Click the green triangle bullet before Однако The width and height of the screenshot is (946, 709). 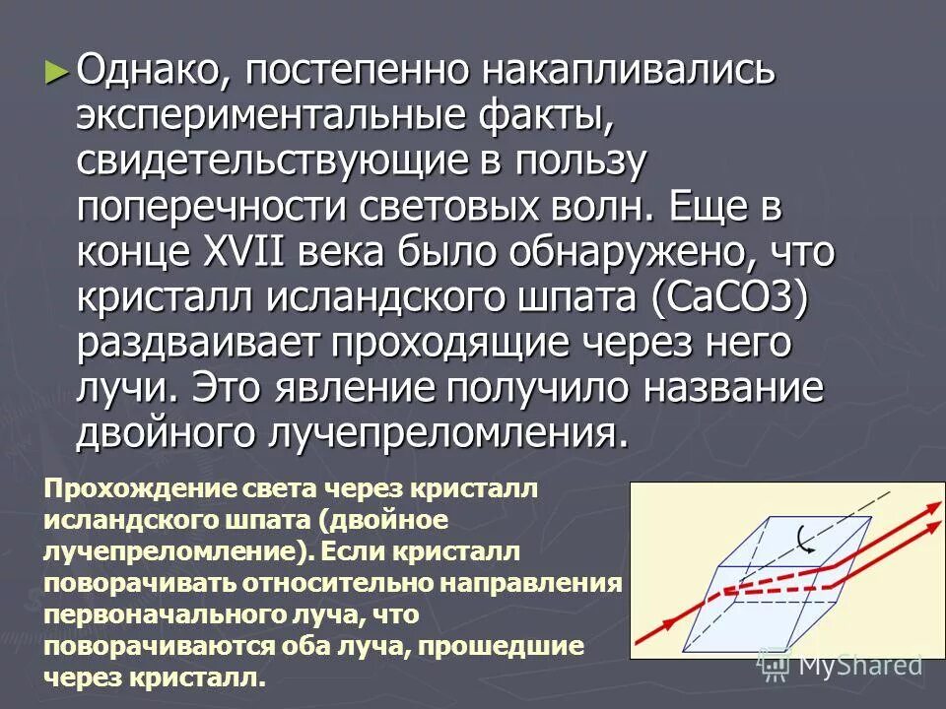point(57,71)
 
